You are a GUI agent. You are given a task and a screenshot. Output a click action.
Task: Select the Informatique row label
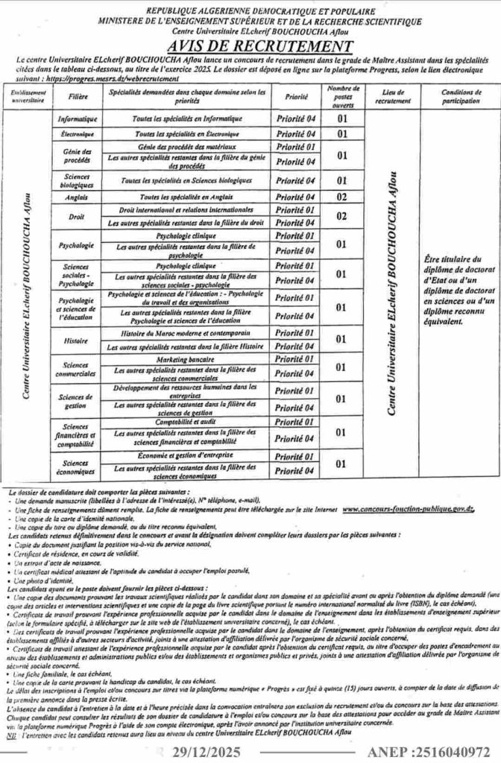click(75, 118)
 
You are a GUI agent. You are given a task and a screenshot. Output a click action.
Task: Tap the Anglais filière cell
click(75, 197)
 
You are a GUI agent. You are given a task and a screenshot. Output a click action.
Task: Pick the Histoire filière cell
click(75, 339)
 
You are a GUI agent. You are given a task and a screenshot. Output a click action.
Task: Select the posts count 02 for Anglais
click(342, 197)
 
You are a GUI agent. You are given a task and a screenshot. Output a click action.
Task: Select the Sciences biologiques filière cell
click(75, 180)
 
